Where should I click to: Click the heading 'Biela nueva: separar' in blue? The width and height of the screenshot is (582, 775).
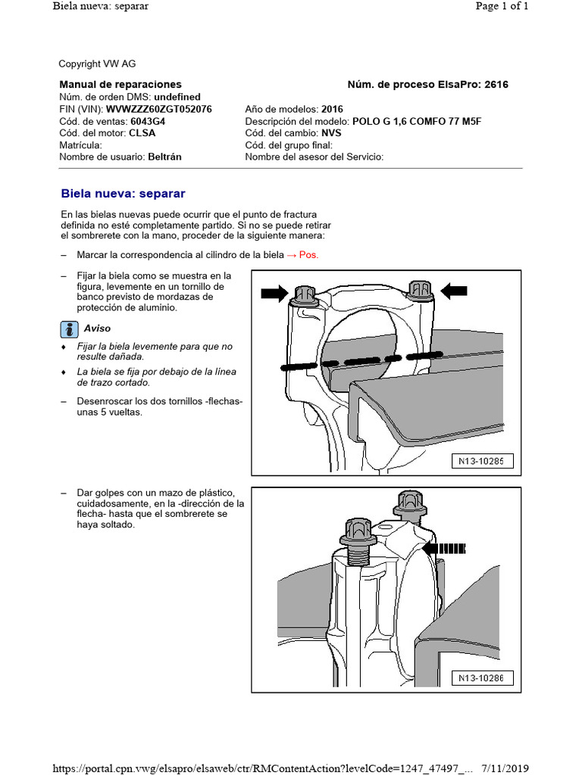click(123, 194)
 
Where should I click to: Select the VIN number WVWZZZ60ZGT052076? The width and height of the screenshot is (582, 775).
click(158, 109)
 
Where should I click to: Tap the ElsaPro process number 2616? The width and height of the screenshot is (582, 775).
click(495, 85)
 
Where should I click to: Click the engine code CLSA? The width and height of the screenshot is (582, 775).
click(142, 133)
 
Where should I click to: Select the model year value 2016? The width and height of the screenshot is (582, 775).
click(332, 109)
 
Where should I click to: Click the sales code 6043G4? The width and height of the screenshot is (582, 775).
click(148, 121)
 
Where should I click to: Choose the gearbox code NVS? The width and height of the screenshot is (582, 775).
click(331, 133)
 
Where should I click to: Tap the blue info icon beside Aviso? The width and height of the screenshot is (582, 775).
click(69, 328)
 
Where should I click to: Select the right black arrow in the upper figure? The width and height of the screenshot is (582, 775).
click(455, 289)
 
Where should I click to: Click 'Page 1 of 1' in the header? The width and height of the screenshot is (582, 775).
click(501, 6)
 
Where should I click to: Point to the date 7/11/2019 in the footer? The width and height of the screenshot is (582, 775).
click(503, 769)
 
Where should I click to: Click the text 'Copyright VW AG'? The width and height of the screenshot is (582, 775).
click(97, 64)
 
